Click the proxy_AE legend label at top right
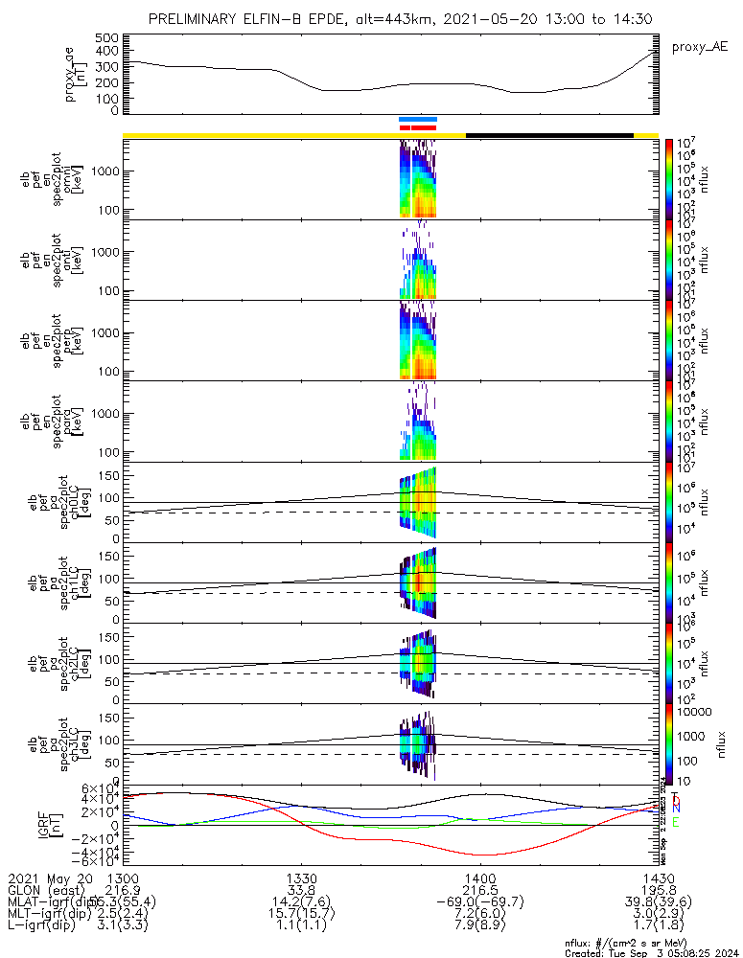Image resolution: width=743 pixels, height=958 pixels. (700, 46)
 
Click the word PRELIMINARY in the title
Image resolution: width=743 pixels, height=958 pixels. (199, 20)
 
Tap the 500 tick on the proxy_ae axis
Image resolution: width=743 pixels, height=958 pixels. (106, 37)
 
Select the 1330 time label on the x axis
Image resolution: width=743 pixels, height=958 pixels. (301, 878)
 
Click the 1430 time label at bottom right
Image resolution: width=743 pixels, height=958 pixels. (658, 878)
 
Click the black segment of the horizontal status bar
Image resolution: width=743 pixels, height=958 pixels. (549, 135)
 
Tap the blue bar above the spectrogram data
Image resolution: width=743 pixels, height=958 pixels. (418, 120)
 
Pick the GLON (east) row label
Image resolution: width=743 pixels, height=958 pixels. (49, 890)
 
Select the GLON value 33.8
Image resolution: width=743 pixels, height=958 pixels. (301, 890)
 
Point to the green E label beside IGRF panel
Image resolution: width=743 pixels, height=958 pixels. (675, 822)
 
